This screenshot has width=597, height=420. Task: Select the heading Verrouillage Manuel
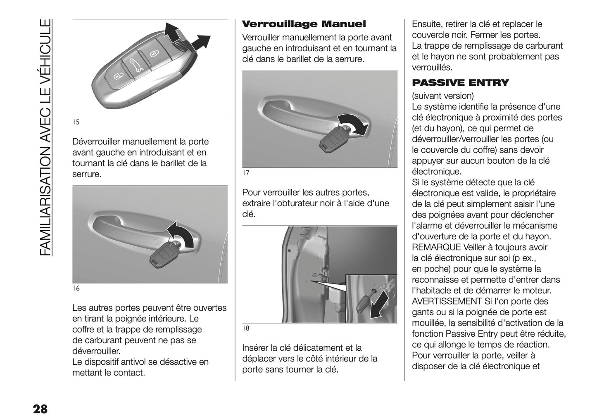304,24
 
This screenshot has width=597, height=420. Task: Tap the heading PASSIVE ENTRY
460,83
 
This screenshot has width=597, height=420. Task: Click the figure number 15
76,122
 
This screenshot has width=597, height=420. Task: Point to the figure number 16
76,288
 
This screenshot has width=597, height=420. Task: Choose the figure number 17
246,173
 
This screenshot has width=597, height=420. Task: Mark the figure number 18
246,328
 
